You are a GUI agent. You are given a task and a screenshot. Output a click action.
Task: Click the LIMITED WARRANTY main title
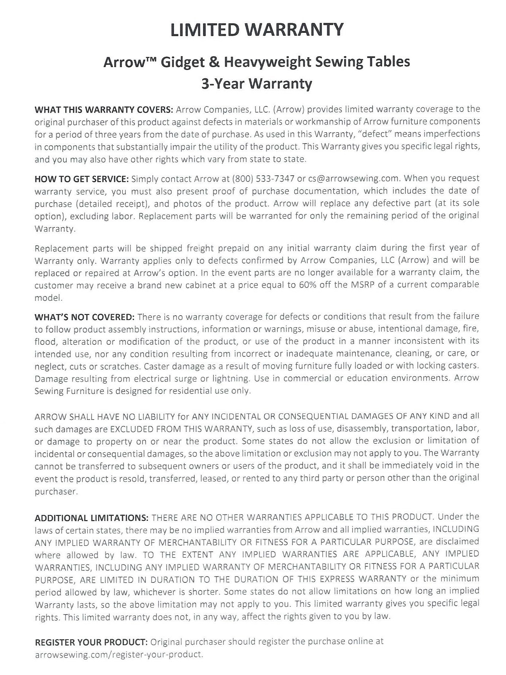point(257,30)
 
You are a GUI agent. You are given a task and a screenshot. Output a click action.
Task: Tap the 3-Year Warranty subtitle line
point(257,83)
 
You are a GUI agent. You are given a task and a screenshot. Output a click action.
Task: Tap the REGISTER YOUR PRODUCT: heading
point(91,641)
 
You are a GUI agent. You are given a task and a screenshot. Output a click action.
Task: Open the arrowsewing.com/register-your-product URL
point(118,654)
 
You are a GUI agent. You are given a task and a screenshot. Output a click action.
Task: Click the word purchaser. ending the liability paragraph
point(51,492)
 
